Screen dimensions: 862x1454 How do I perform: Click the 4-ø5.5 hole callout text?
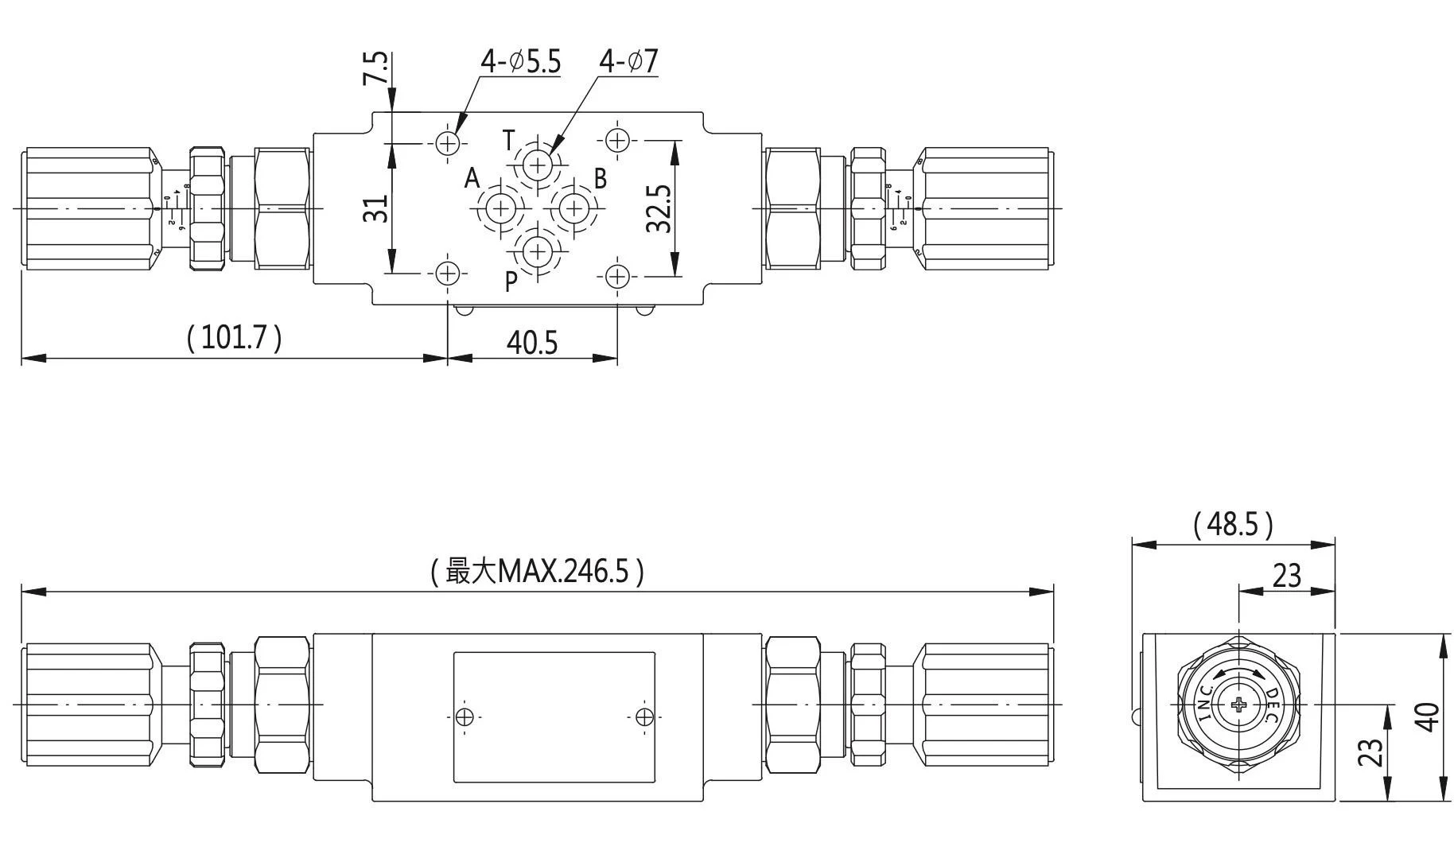520,61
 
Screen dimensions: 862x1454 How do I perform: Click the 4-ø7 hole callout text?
628,61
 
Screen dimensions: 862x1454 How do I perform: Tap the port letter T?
510,141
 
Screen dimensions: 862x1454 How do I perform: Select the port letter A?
472,178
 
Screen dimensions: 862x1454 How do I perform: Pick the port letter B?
601,178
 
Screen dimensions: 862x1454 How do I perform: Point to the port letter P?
511,280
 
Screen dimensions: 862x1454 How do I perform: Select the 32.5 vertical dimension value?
659,209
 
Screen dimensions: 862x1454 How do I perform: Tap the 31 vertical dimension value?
376,209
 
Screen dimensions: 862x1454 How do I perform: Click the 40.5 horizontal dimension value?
532,343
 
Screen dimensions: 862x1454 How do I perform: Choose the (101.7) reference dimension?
234,337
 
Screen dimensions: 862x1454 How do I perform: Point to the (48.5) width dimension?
1233,523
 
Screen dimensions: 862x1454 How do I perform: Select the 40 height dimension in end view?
1429,717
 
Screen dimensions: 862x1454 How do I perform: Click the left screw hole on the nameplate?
465,717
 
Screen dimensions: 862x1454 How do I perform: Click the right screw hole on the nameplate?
644,717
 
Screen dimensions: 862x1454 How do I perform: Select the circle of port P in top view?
538,252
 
